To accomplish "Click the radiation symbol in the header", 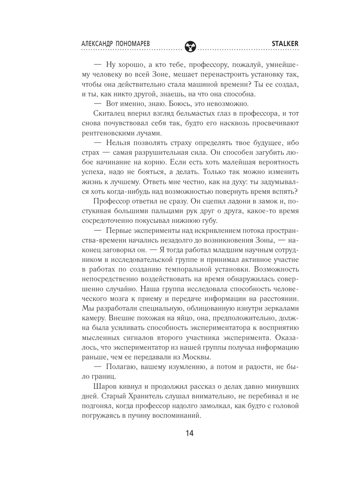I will point(190,46).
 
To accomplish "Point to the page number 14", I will point(190,433).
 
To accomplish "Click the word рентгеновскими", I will point(113,133).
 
